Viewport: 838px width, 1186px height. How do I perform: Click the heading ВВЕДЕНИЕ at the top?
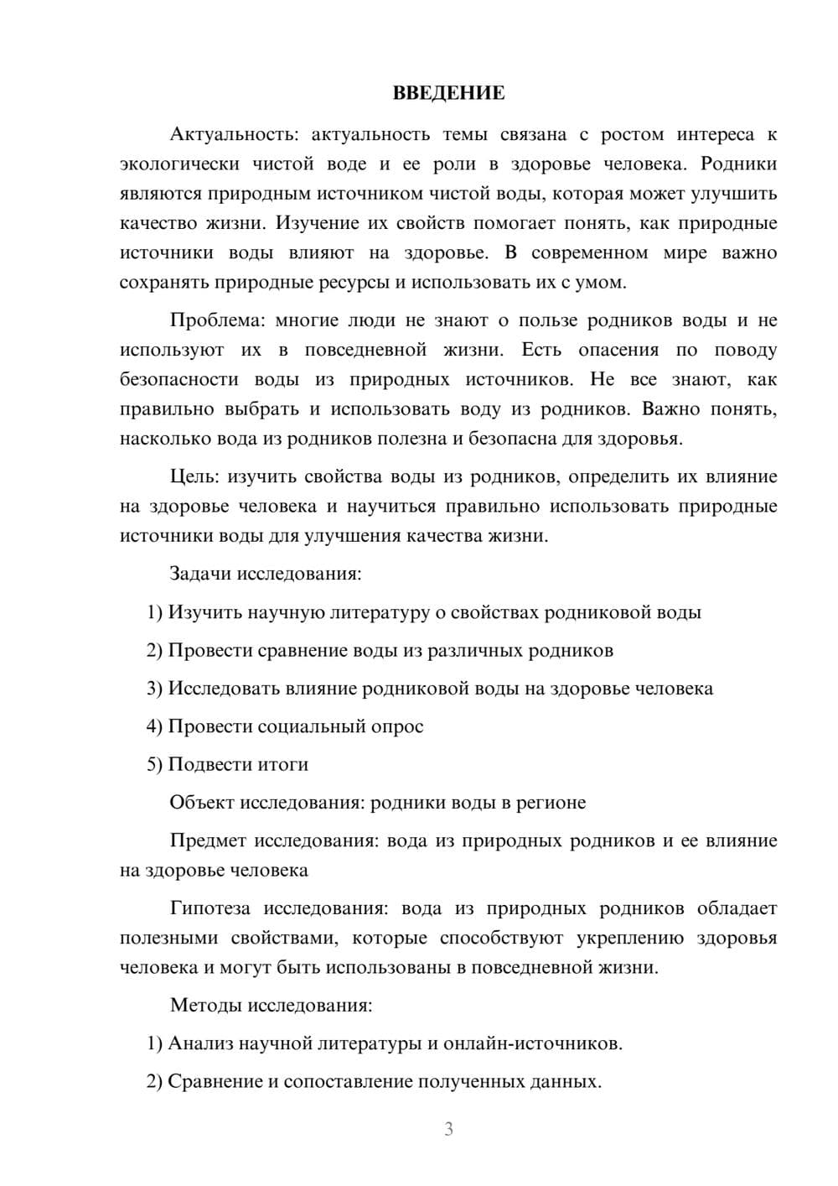click(x=448, y=93)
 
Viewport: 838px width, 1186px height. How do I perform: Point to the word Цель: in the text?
click(x=194, y=476)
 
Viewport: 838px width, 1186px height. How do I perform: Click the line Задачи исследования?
click(x=266, y=575)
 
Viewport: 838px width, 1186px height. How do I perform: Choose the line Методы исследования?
click(x=271, y=1005)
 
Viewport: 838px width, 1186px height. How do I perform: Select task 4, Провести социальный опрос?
click(x=285, y=726)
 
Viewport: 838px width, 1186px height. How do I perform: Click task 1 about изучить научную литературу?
click(x=424, y=612)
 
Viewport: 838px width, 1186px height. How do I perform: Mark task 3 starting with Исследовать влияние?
click(x=430, y=689)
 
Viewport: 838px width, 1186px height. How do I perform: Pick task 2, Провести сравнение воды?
click(x=380, y=650)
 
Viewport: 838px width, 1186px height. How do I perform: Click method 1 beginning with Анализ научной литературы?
click(x=385, y=1043)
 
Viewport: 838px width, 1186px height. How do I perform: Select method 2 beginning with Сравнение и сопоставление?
click(x=374, y=1081)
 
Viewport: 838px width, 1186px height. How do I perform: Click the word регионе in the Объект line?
click(x=555, y=803)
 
